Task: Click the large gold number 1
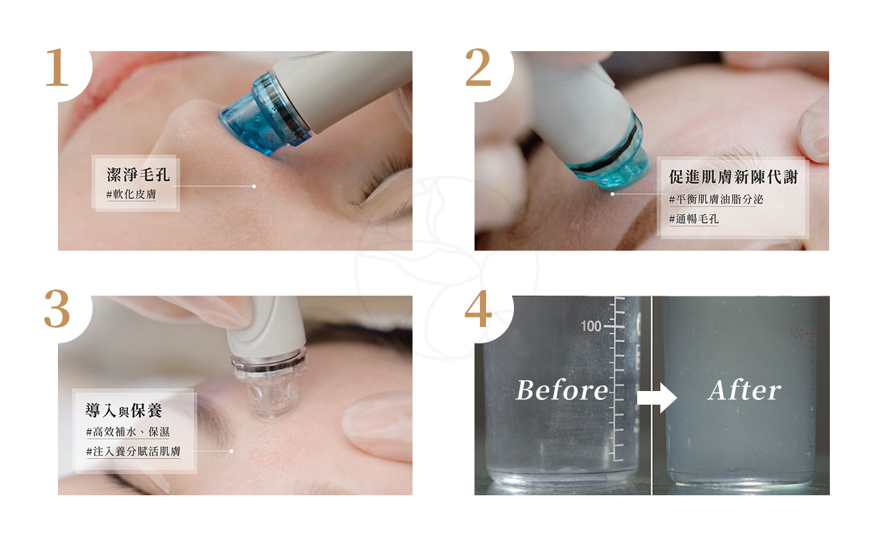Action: tap(57, 67)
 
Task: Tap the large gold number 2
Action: tap(478, 67)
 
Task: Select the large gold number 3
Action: tap(57, 309)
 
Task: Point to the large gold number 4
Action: tap(479, 309)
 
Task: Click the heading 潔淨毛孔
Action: tap(138, 174)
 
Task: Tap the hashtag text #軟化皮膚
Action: tap(131, 194)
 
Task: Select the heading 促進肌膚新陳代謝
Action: tap(733, 177)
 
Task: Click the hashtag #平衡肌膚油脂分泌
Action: tap(715, 199)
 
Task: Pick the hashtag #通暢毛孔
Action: tap(694, 219)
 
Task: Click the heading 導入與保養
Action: tap(124, 411)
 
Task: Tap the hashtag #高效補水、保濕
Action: tap(127, 431)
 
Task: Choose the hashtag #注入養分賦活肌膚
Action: tap(133, 451)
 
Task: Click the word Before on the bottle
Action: tap(562, 390)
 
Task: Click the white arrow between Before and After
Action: tap(657, 397)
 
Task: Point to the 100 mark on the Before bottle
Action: tap(591, 326)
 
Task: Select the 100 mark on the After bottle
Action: tap(796, 333)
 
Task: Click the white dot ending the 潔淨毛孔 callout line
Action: tap(254, 186)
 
